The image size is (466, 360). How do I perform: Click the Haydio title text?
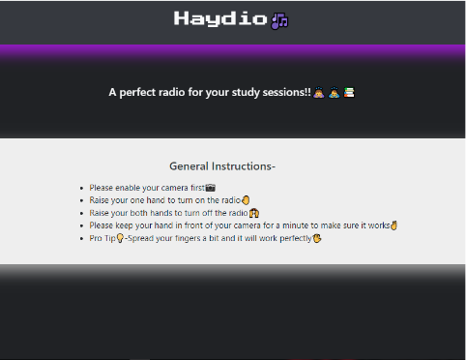(220, 18)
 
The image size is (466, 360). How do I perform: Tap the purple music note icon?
(279, 21)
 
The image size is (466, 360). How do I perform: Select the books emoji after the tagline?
(349, 93)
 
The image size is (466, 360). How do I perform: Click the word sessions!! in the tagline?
(287, 92)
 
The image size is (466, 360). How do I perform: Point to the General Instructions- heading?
(222, 166)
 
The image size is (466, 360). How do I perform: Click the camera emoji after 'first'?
(211, 188)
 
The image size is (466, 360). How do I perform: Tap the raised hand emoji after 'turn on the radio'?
(246, 200)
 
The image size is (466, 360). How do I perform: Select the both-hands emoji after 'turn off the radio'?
(254, 213)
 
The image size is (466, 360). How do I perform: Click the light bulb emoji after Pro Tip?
(120, 238)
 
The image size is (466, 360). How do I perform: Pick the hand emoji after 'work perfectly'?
(317, 238)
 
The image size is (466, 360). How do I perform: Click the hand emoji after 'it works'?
(393, 225)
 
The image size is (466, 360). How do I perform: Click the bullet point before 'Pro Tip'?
(81, 239)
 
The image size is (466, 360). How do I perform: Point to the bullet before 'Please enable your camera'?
(81, 189)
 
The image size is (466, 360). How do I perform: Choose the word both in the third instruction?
(138, 213)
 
